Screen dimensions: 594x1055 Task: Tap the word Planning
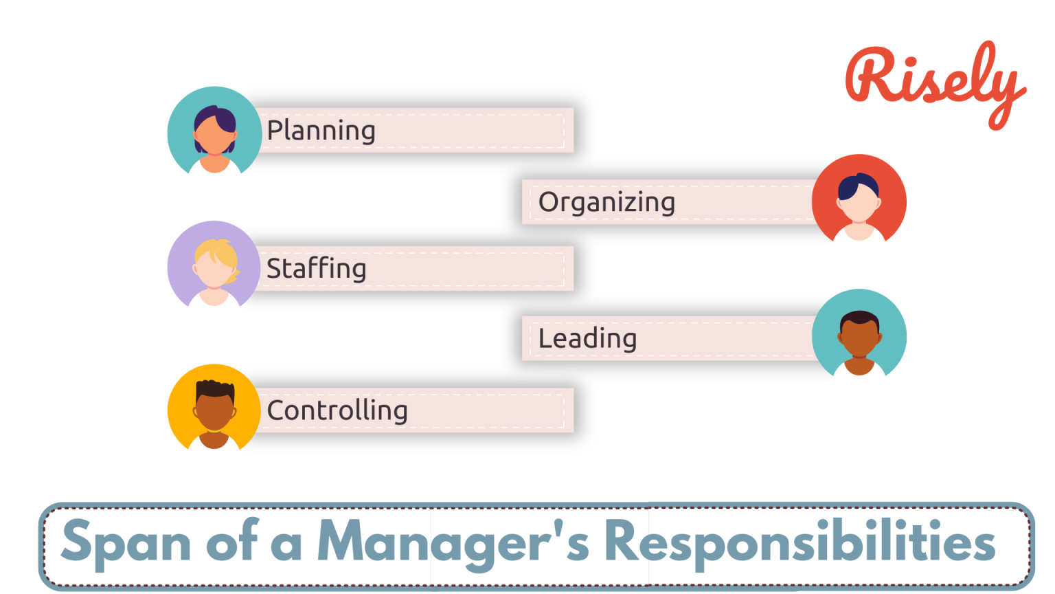(321, 131)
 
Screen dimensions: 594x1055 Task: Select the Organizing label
(606, 202)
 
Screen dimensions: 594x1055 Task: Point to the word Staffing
(316, 269)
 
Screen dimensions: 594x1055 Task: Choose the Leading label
(587, 338)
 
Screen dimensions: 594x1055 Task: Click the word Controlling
(337, 410)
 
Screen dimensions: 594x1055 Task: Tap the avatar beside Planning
(214, 132)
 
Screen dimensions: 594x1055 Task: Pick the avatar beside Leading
(859, 335)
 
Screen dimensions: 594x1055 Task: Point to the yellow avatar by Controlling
(214, 408)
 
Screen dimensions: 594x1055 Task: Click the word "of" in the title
(232, 542)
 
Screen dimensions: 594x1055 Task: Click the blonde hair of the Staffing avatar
(218, 251)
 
